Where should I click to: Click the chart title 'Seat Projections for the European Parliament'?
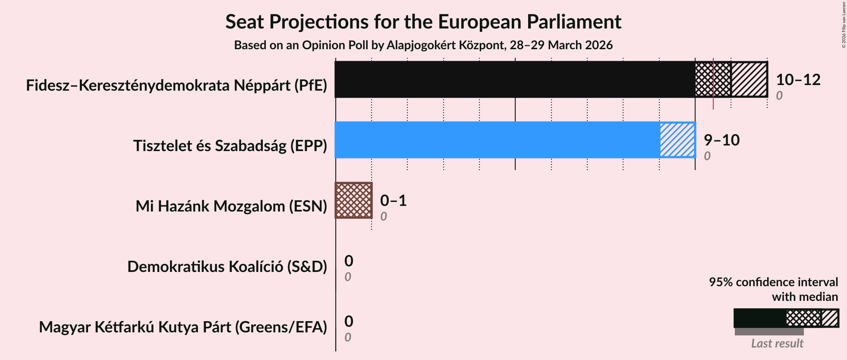coord(423,22)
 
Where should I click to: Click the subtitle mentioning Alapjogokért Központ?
coord(423,45)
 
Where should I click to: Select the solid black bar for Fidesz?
coord(513,79)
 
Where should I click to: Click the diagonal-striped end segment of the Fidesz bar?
coord(749,79)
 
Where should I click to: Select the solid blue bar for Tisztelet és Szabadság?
coord(496,140)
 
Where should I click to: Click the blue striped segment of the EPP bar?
coord(677,140)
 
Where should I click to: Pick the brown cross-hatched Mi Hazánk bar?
coord(353,200)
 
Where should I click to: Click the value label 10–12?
coord(798,80)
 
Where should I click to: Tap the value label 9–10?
coord(721,140)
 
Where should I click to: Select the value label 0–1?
coord(393,201)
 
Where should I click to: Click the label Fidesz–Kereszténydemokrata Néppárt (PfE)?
coord(176,85)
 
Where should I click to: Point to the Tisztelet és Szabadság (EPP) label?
coord(230,146)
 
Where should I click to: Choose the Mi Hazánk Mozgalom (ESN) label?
coord(231,206)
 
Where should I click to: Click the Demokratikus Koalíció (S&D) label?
coord(227,267)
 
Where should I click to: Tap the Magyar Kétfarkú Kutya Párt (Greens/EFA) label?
coord(183,327)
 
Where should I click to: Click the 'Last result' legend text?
coord(777,343)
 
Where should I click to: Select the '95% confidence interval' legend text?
coord(773,282)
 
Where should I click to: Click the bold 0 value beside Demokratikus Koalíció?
coord(349,261)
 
